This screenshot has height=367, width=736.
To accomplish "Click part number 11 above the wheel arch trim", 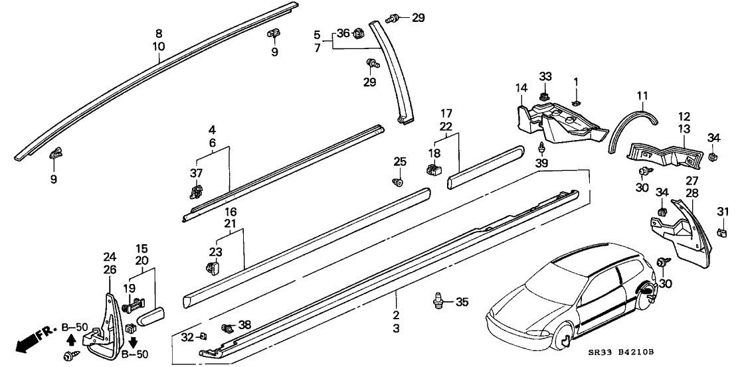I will click(x=641, y=96).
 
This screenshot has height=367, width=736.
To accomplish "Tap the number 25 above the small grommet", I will click(x=399, y=161).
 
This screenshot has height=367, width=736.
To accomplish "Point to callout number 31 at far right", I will click(x=724, y=211).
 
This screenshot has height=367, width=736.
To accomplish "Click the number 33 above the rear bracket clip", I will click(x=545, y=76).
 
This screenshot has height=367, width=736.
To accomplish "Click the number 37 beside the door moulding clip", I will click(x=195, y=174).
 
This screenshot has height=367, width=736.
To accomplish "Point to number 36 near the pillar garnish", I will click(x=342, y=33).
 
